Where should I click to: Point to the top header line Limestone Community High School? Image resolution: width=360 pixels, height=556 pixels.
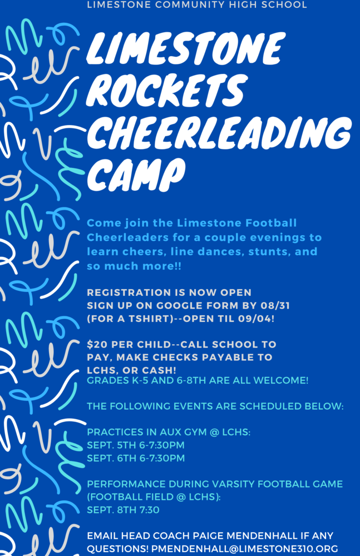pyautogui.click(x=197, y=5)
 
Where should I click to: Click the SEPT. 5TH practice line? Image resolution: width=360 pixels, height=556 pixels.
pyautogui.click(x=136, y=445)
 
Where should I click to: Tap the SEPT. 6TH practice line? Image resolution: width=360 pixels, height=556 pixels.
pyautogui.click(x=136, y=458)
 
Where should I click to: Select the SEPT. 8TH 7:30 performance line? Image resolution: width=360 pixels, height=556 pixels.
pyautogui.click(x=123, y=510)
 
